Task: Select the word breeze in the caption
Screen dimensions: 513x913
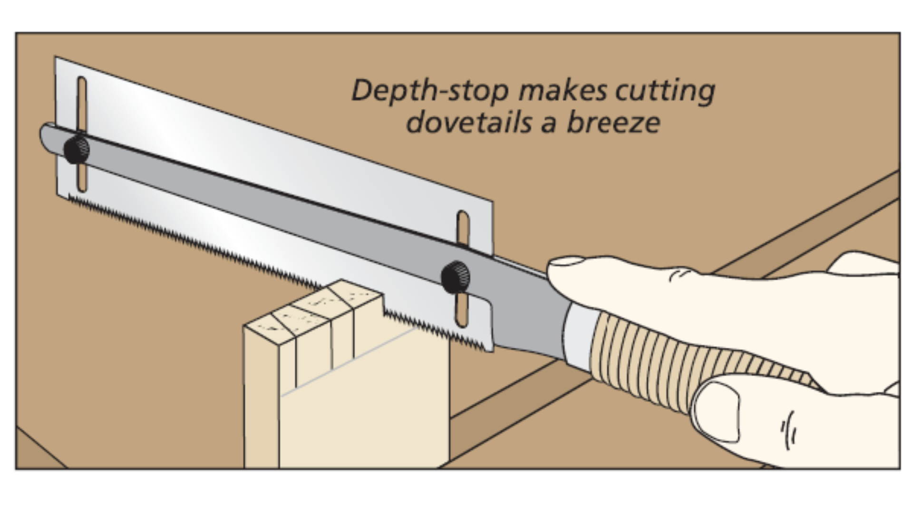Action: [613, 123]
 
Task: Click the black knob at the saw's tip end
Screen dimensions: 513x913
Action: [77, 150]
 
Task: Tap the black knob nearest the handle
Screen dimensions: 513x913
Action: [456, 277]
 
